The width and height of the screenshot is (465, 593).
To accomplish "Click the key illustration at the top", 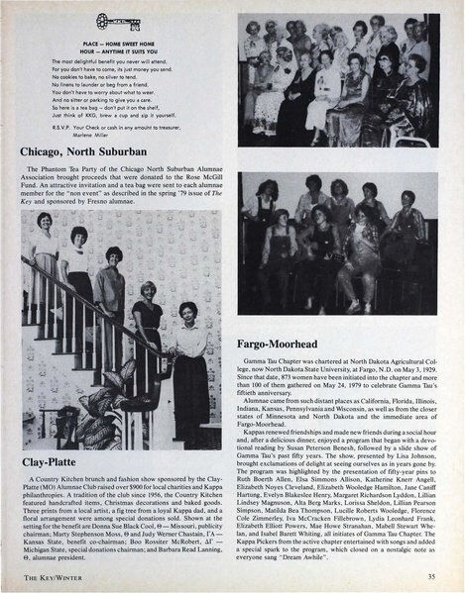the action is pos(118,19).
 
